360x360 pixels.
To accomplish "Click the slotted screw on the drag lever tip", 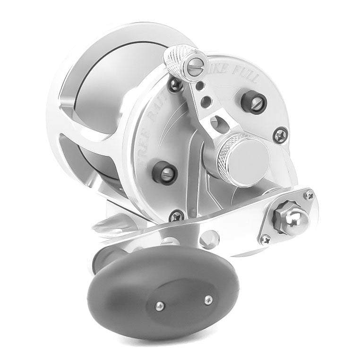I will (x=195, y=61).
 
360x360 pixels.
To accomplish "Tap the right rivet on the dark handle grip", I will (x=206, y=299).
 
